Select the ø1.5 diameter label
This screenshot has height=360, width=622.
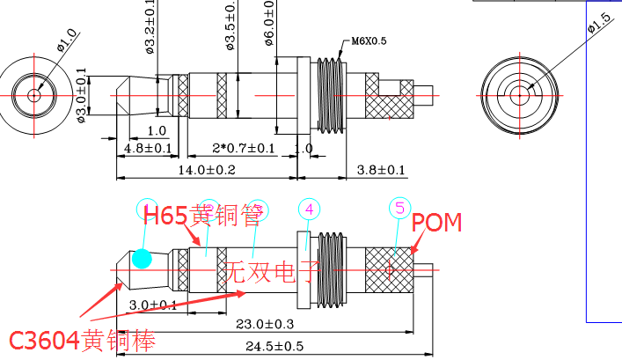coord(599,26)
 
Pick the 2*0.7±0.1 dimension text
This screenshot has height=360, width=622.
coord(243,147)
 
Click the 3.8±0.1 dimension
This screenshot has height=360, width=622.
coord(380,169)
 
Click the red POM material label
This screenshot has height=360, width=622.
coord(436,223)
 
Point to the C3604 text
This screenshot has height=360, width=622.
coord(46,340)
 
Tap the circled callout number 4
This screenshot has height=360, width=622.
coord(310,209)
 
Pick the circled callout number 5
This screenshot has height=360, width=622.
coord(400,209)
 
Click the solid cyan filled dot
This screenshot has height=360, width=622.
coord(141,258)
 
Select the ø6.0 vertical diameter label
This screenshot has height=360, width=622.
coord(268,22)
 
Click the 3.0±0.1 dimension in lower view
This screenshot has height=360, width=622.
coord(152,305)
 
